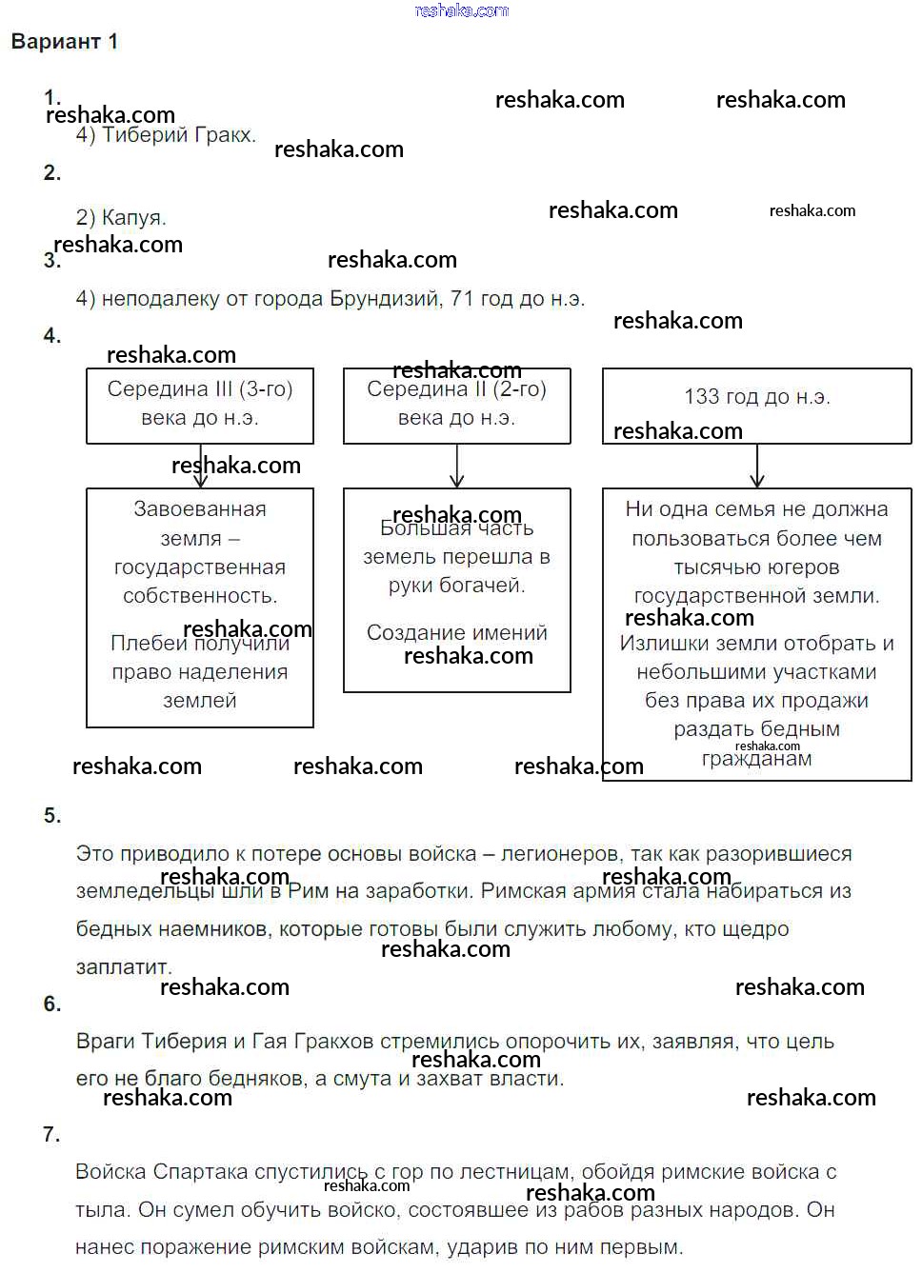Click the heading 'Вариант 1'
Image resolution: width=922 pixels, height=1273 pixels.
(64, 42)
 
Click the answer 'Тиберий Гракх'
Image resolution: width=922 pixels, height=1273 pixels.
(178, 135)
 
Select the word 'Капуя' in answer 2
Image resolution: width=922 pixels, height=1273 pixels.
(132, 218)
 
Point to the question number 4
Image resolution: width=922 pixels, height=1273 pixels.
(51, 336)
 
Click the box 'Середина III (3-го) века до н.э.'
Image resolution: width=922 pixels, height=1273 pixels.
(200, 406)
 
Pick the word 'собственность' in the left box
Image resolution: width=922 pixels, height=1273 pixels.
(199, 596)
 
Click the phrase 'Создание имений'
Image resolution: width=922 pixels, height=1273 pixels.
(457, 633)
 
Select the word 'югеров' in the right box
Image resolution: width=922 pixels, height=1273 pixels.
(803, 567)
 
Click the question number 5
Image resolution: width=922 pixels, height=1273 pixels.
(51, 816)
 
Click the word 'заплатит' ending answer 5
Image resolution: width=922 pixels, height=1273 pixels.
(123, 967)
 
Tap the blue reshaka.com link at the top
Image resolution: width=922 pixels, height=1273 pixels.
(462, 10)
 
